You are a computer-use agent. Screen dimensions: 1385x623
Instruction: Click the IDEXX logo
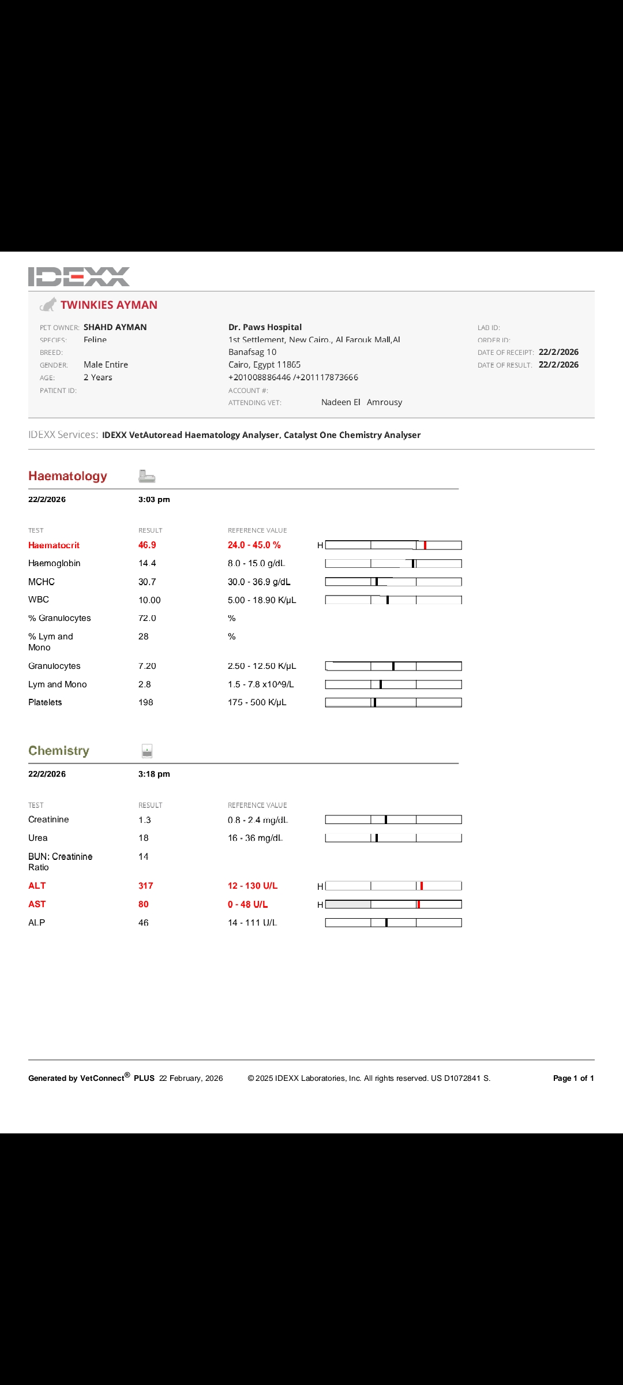(79, 276)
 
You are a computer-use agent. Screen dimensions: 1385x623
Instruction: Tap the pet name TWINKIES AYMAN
(109, 305)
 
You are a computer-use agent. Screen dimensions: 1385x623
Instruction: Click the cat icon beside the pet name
(48, 305)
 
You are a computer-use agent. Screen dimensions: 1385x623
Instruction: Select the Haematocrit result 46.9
(147, 545)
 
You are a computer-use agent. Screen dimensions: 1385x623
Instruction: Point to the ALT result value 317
(146, 886)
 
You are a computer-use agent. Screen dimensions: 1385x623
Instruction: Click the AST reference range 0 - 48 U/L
(248, 904)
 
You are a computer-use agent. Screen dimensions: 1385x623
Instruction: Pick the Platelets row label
(45, 702)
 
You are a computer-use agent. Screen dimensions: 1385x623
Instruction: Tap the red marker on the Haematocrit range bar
(425, 545)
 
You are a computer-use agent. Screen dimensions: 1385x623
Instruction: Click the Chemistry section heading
(59, 751)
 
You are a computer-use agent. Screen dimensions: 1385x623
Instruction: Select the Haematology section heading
(67, 476)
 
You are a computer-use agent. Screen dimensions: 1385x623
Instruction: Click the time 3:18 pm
(154, 774)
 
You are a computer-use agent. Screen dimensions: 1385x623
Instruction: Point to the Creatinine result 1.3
(145, 820)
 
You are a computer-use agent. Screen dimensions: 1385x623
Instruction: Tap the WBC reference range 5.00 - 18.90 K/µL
(262, 600)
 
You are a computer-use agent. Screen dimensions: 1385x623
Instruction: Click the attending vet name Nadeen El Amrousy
(362, 402)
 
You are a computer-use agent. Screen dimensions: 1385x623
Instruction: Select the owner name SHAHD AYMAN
(115, 327)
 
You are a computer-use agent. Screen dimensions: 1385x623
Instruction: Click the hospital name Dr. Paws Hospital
(265, 327)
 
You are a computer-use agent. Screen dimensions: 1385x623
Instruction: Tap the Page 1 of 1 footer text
(573, 1078)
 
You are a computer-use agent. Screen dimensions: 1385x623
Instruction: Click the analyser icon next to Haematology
(147, 476)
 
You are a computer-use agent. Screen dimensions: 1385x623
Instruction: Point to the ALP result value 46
(144, 923)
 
